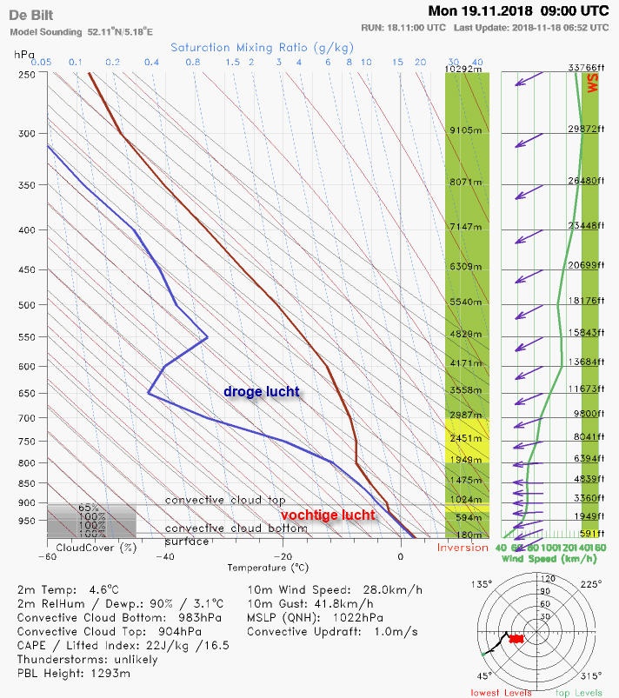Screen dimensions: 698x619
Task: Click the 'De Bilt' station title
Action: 31,17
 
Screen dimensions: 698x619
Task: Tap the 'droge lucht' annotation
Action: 262,392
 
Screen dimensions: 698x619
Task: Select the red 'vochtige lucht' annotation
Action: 328,515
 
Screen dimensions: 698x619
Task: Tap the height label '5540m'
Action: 465,302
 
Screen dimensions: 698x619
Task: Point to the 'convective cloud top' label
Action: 225,500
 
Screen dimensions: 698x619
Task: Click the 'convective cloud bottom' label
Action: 236,528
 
